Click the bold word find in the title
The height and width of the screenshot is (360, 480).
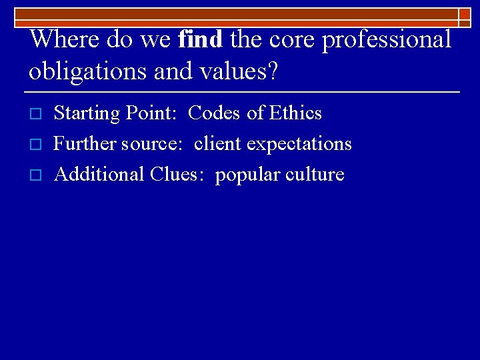pyautogui.click(x=201, y=39)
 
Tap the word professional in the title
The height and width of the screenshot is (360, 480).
pyautogui.click(x=387, y=40)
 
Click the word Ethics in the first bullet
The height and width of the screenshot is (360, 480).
pyautogui.click(x=295, y=113)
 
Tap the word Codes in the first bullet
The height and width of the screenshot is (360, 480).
pyautogui.click(x=215, y=113)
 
